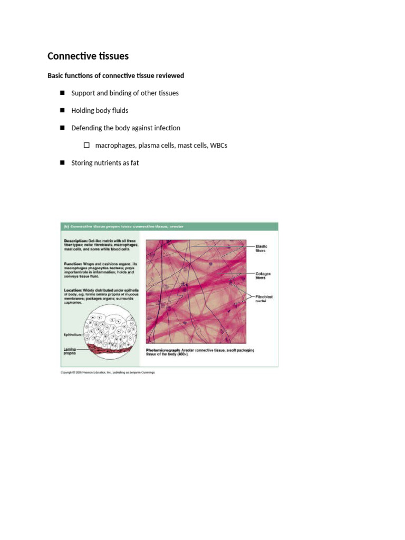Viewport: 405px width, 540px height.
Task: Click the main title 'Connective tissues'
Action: (88, 56)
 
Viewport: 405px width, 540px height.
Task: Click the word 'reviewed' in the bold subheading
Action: (170, 76)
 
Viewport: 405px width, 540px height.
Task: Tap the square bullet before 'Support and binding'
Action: (62, 93)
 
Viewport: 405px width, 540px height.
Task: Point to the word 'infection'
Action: (167, 128)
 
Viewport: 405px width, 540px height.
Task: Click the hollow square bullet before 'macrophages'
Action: (86, 145)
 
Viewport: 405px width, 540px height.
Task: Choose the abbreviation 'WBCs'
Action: (219, 146)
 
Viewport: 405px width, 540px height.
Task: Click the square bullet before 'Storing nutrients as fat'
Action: (62, 163)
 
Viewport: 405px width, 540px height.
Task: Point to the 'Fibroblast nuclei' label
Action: (264, 299)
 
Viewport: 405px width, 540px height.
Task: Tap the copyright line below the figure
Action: (108, 372)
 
